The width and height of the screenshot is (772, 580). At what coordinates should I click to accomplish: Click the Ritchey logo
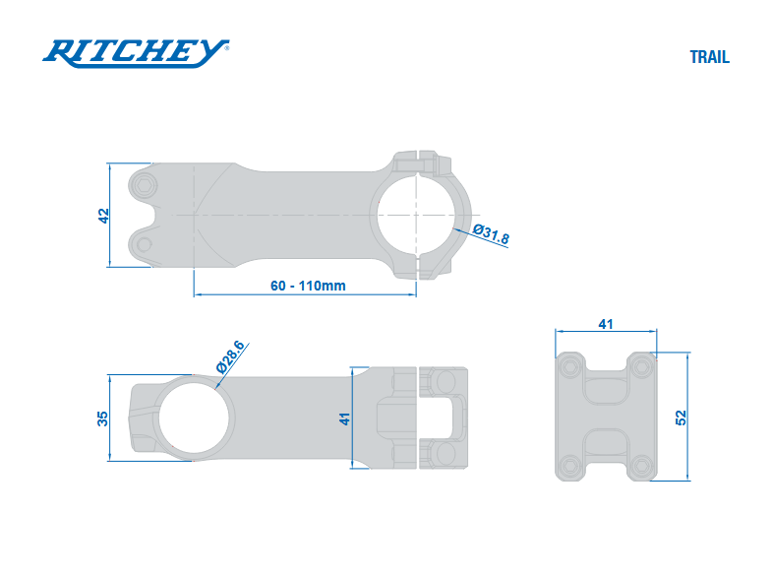tap(136, 53)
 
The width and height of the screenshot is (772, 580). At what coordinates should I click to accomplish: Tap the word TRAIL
tap(709, 57)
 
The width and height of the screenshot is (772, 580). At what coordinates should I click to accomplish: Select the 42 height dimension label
tap(103, 216)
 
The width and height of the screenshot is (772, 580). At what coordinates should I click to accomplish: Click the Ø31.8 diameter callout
tap(491, 233)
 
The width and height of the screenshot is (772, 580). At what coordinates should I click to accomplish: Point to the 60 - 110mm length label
tap(308, 286)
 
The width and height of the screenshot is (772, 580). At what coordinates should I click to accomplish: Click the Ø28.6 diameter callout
tap(230, 356)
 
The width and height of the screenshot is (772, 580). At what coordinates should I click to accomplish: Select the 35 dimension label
tap(102, 419)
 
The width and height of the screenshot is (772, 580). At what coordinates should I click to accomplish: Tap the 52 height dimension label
tap(681, 418)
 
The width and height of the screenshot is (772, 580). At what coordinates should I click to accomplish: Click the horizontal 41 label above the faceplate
tap(606, 324)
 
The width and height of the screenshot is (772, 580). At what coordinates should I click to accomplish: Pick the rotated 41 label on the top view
tap(344, 419)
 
